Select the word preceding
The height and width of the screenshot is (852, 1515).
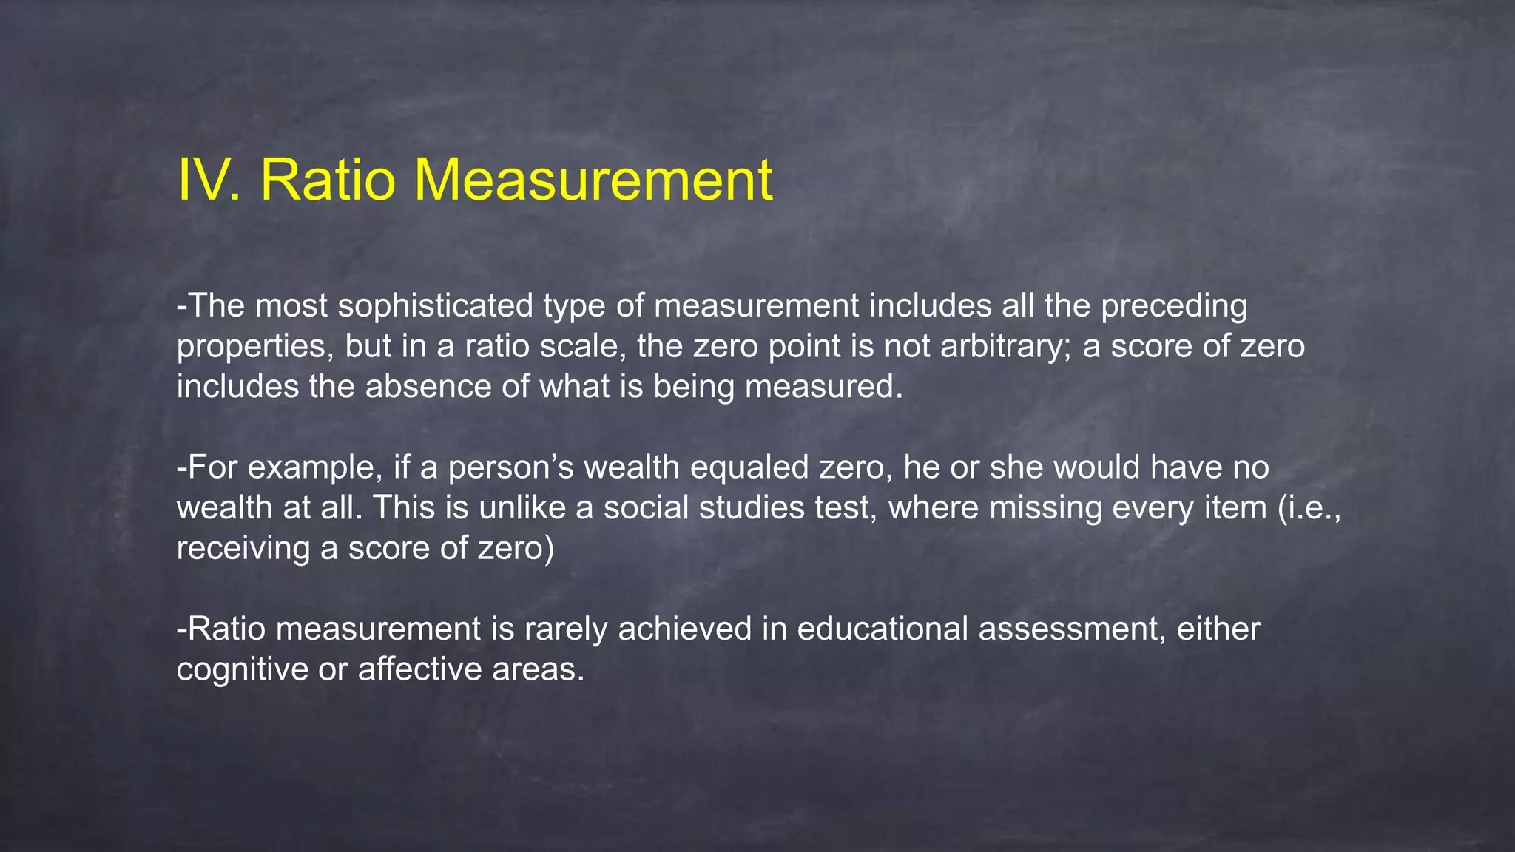[x=1174, y=306]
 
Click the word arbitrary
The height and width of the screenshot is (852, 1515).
[x=1006, y=347]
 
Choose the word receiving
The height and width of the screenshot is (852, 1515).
[x=243, y=549]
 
